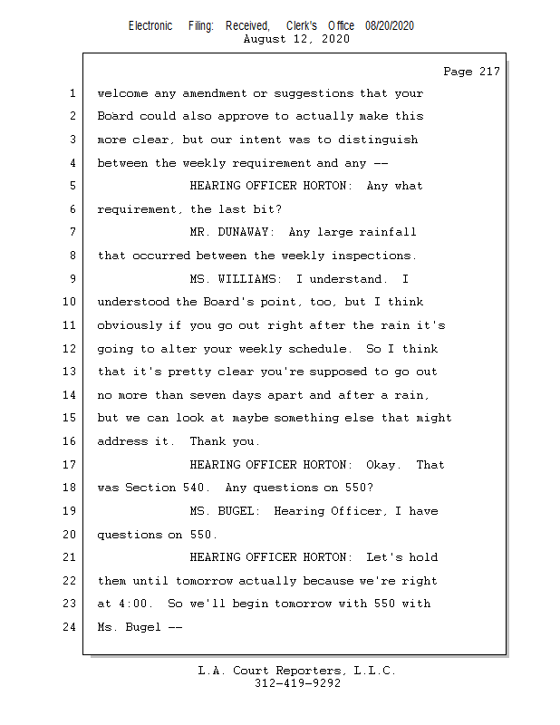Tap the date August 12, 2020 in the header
pos(297,40)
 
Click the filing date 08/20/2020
pos(390,25)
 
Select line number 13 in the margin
pos(71,372)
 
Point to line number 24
pos(71,627)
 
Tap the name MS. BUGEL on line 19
pos(224,511)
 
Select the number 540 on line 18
pos(192,488)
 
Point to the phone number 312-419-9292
pos(297,683)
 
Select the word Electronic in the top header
pos(150,25)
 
